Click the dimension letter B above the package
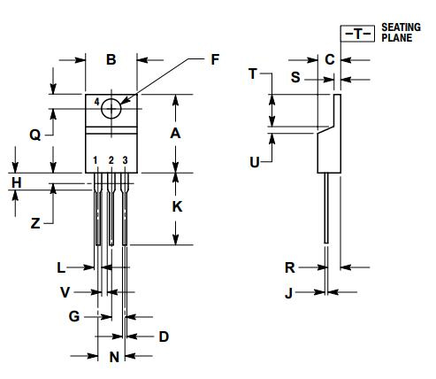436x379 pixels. [111, 60]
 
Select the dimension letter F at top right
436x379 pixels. [213, 60]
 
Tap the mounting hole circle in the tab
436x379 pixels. [111, 108]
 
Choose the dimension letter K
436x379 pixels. [177, 206]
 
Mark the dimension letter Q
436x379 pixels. [34, 135]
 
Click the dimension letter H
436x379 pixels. [16, 182]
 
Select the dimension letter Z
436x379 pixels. [35, 224]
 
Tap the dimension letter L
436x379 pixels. [60, 267]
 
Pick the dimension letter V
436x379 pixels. [65, 291]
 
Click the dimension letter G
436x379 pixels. [74, 315]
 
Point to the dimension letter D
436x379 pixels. [163, 336]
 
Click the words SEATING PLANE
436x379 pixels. [402, 33]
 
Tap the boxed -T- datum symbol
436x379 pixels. [356, 34]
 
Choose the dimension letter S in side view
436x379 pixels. [295, 78]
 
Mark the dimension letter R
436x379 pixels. [289, 267]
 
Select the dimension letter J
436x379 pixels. [289, 291]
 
